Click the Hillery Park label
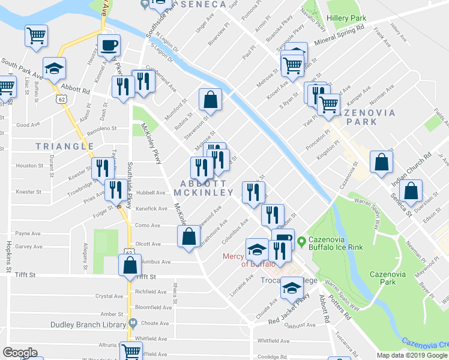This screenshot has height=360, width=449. [x=346, y=18]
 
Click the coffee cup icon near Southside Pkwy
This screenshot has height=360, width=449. [x=109, y=45]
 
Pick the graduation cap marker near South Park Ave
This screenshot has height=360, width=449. [x=54, y=68]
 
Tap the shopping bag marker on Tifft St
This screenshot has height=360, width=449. [x=130, y=265]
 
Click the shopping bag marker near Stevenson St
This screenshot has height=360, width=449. [x=210, y=100]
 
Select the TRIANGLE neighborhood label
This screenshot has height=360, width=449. [x=65, y=146]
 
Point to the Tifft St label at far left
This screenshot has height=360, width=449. [x=26, y=275]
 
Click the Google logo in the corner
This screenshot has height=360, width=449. [x=20, y=353]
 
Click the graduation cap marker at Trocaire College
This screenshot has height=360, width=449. [x=292, y=287]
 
